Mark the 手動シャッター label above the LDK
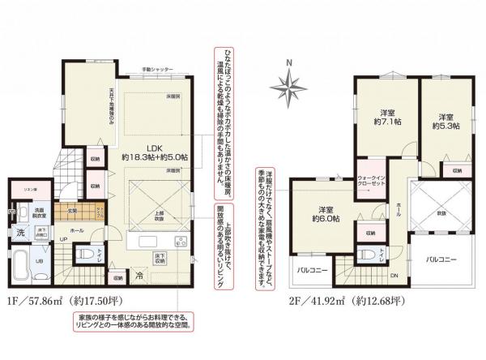coord(158,71)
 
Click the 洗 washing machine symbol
coord(20,233)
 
